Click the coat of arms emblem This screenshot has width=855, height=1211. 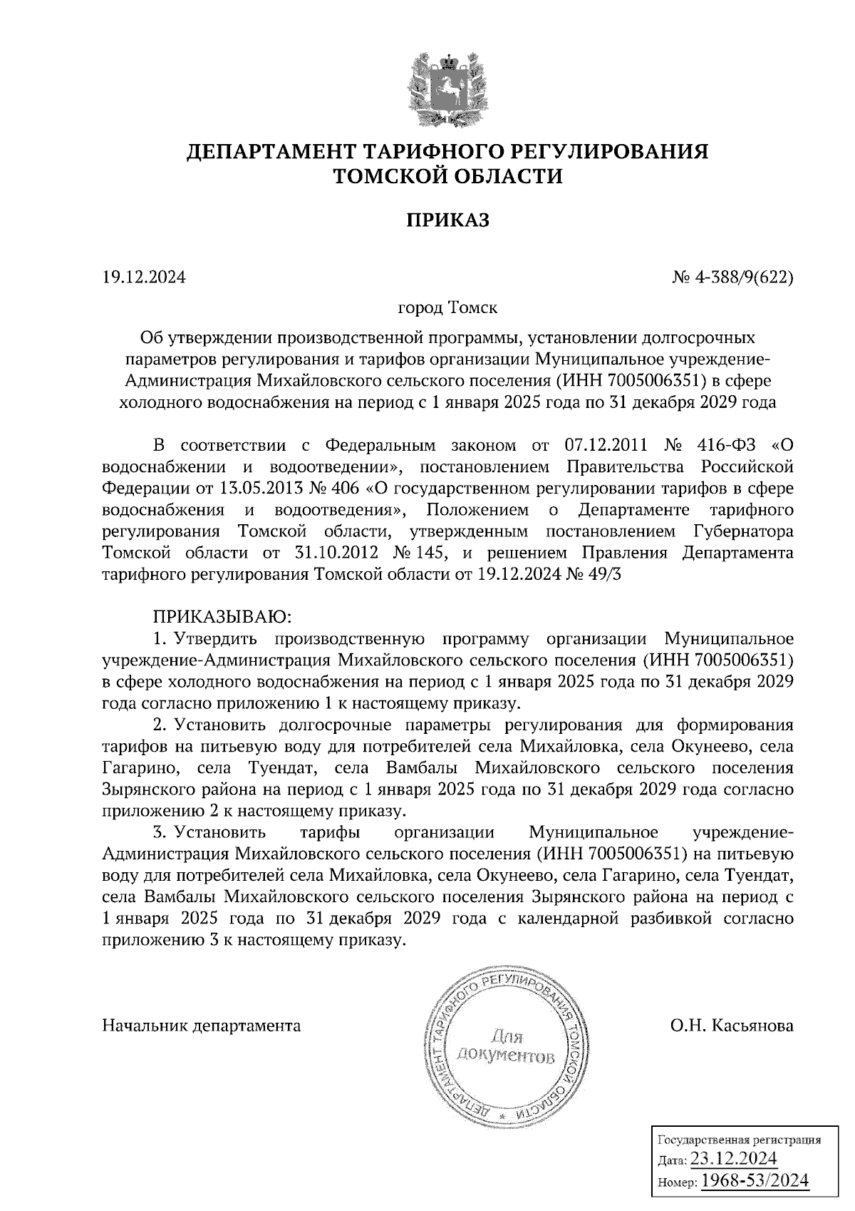tap(447, 88)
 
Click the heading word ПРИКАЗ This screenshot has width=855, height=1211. tap(448, 220)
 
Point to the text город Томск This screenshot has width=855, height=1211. tap(447, 309)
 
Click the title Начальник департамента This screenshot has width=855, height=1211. tap(202, 1026)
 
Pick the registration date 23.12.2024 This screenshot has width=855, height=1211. tap(734, 1158)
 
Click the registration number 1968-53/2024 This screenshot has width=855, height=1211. tap(755, 1181)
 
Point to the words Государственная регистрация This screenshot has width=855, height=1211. tap(737, 1140)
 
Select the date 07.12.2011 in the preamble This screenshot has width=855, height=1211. tap(606, 446)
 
